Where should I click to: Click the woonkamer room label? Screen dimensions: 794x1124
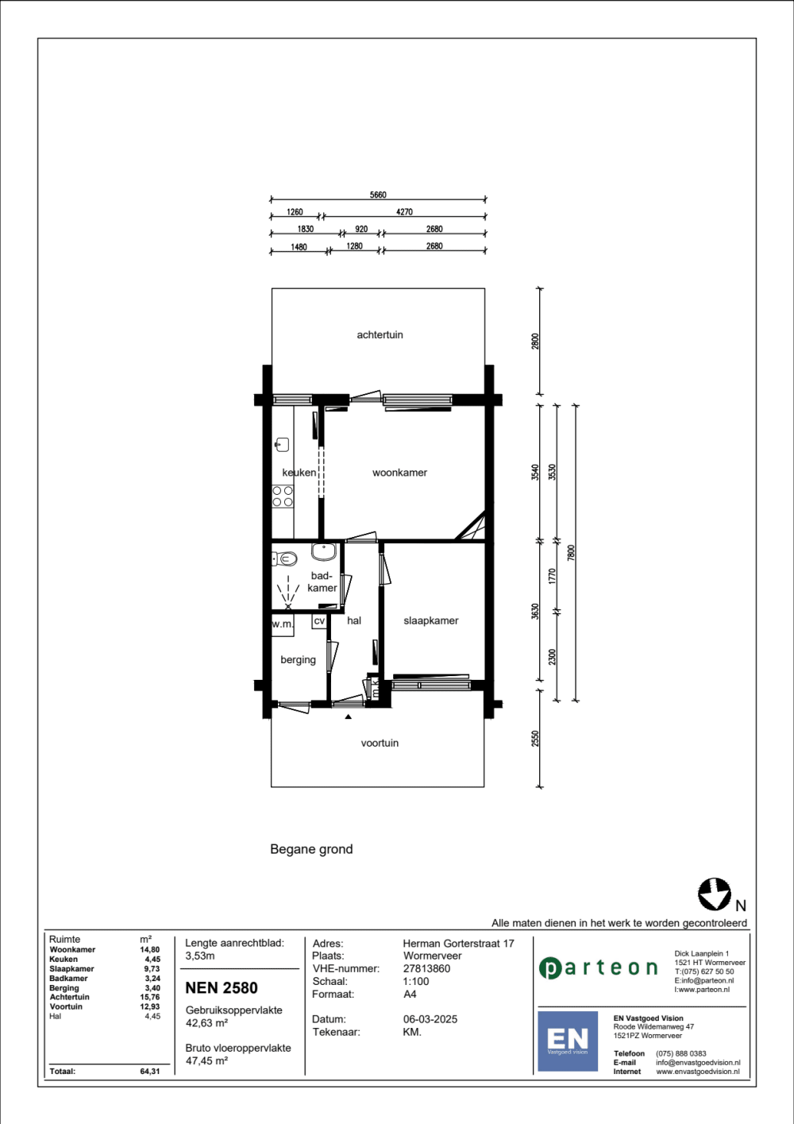point(399,472)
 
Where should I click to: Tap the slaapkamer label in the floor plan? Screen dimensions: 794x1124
point(431,620)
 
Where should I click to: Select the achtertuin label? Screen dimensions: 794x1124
point(380,334)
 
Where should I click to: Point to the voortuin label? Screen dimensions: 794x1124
point(380,743)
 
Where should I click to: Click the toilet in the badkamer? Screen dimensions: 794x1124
point(284,558)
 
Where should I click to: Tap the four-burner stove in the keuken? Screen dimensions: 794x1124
point(283,496)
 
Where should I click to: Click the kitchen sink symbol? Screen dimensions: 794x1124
point(282,444)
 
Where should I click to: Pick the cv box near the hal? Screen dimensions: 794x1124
point(319,621)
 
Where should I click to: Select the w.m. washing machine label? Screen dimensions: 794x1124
point(283,624)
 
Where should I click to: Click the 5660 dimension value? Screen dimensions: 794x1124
point(378,195)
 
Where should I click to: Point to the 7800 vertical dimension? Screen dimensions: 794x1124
point(572,552)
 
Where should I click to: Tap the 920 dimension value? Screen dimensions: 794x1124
point(361,229)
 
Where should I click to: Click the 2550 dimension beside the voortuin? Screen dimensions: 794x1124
point(535,738)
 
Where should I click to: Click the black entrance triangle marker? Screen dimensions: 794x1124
point(348,717)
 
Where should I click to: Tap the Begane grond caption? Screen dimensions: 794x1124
point(311,849)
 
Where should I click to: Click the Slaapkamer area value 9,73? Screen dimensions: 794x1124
point(152,968)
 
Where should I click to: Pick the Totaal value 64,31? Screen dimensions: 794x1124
point(150,1071)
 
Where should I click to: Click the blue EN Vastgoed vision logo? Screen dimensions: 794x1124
point(567,1041)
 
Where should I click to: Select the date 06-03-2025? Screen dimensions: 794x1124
point(430,1019)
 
